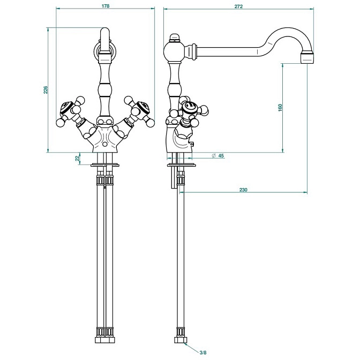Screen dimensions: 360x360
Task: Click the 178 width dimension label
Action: pos(106,6)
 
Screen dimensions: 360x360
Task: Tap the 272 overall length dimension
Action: pos(238,6)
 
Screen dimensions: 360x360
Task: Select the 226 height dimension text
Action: pos(46,90)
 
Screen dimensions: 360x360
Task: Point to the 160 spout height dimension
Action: pos(280,108)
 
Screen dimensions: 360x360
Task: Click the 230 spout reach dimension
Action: pos(243,190)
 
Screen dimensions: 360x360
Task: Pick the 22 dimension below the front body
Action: pos(77,158)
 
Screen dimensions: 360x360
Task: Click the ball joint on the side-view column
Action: pos(174,52)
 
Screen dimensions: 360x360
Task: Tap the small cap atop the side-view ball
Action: pos(175,37)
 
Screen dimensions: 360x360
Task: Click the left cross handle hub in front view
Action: pos(66,108)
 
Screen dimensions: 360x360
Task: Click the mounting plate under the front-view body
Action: pos(105,165)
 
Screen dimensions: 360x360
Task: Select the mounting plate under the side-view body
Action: pos(182,165)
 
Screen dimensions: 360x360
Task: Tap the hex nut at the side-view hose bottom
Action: pos(181,340)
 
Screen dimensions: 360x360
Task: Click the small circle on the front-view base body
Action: pos(105,145)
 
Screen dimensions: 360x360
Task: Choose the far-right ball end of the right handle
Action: pos(151,123)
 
